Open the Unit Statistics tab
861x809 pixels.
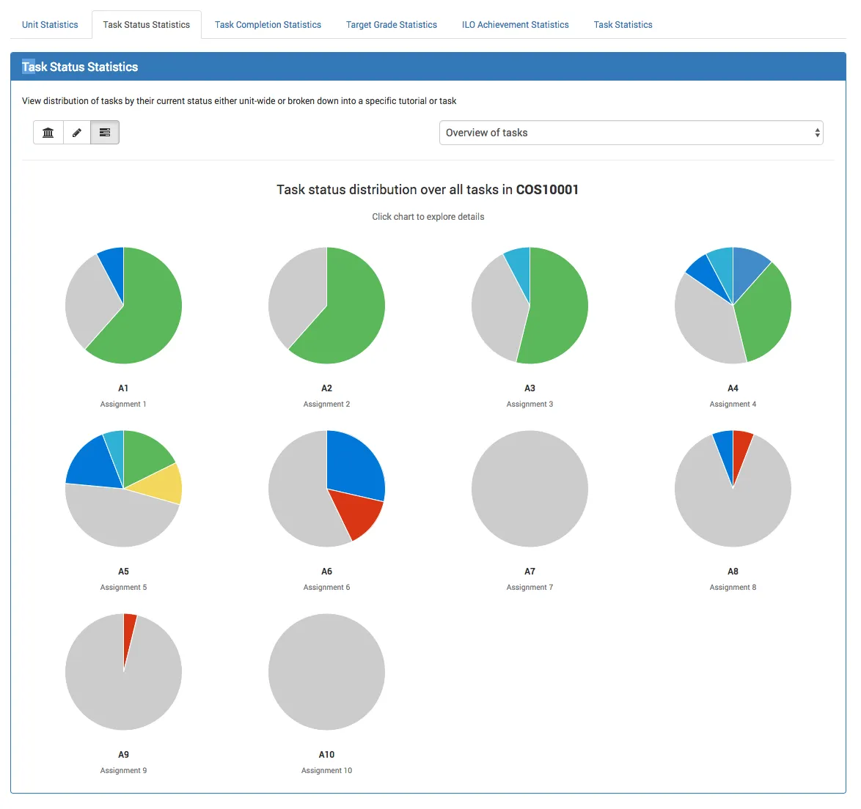tap(50, 25)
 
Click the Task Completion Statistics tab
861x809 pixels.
tap(268, 25)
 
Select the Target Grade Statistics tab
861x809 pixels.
tap(391, 25)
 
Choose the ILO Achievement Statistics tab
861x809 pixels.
tap(515, 25)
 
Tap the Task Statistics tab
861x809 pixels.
tap(623, 25)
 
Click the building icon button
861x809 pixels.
tap(48, 133)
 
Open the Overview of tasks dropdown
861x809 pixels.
tap(631, 133)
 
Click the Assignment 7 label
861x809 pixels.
tap(530, 588)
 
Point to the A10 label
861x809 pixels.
tap(326, 755)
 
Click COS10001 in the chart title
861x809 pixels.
tap(547, 190)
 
